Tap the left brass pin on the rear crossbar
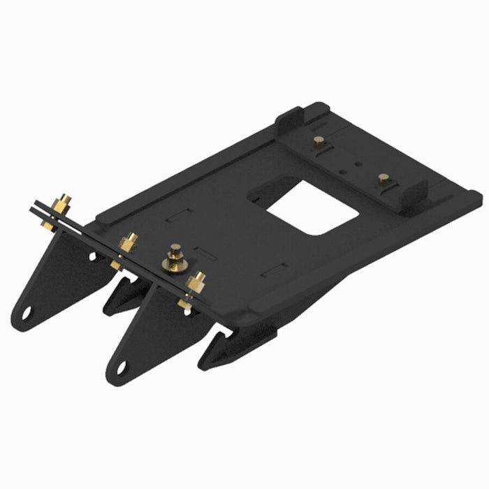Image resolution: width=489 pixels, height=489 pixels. click(x=319, y=145)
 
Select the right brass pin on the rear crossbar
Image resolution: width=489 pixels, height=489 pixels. click(x=383, y=179)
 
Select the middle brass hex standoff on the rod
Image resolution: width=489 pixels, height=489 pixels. click(x=128, y=242)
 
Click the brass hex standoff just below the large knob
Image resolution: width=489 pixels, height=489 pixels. click(x=196, y=282)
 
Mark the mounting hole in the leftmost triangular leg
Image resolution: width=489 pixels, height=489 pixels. click(x=26, y=312)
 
